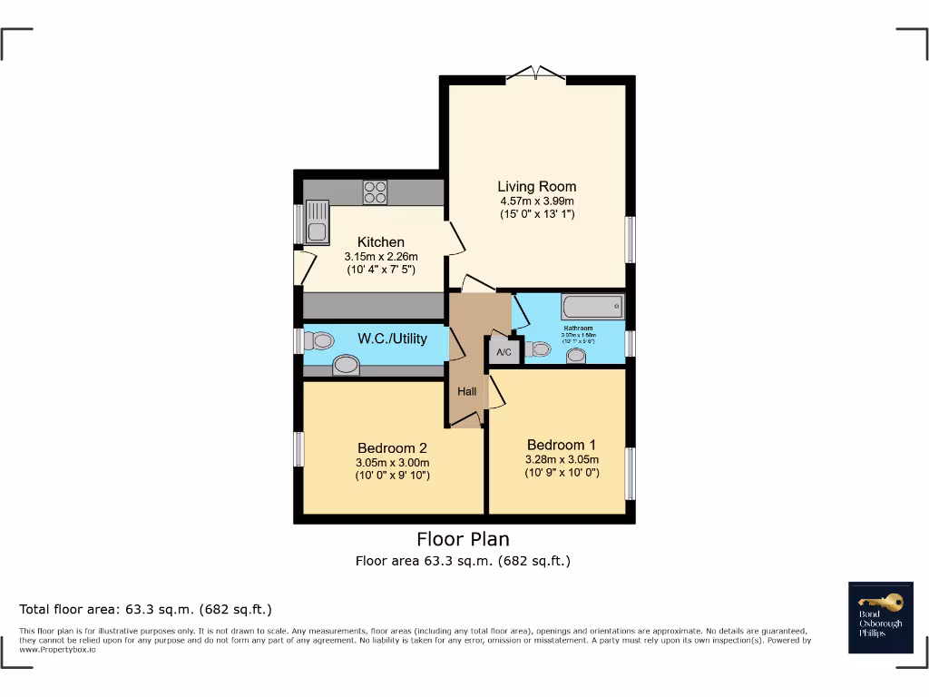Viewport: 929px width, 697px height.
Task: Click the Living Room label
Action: [x=536, y=187]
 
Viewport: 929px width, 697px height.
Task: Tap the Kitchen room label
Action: [x=381, y=242]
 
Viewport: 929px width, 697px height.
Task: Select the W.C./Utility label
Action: [x=392, y=339]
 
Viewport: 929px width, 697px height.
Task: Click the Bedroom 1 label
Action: [x=562, y=445]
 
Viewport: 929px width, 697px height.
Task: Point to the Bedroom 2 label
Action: [x=392, y=447]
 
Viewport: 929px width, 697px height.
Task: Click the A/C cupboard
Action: [x=504, y=351]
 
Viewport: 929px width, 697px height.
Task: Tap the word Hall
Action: [x=466, y=391]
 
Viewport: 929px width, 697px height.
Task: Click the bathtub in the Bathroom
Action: [x=592, y=306]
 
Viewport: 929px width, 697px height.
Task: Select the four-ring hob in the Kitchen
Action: [x=376, y=192]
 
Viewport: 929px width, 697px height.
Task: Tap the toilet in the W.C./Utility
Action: [x=318, y=340]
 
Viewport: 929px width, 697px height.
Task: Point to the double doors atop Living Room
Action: [x=535, y=74]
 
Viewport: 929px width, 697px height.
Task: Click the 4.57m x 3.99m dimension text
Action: [x=536, y=201]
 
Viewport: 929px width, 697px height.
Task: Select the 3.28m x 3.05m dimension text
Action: [x=562, y=460]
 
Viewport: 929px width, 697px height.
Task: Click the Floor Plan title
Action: [x=463, y=540]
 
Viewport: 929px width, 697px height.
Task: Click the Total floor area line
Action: [x=145, y=609]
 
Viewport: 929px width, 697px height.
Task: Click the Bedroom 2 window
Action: [x=298, y=448]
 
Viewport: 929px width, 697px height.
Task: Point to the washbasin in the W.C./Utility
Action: [x=346, y=365]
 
